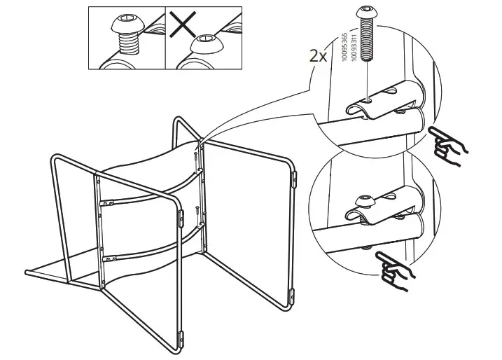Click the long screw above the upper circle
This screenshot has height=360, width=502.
point(367,32)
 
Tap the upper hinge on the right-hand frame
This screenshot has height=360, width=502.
point(293,180)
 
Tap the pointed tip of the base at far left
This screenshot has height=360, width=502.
point(25,270)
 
